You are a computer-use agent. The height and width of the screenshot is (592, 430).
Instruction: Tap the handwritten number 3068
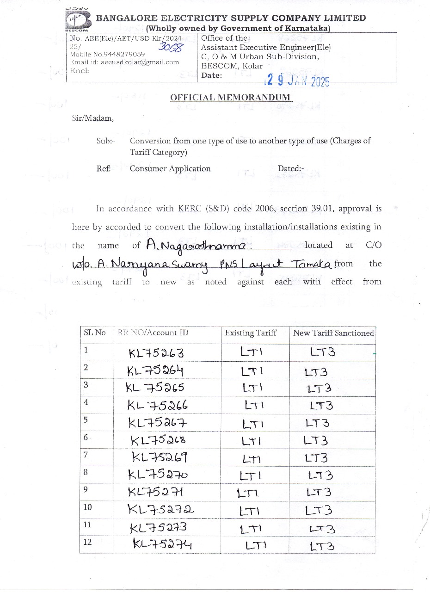pyautogui.click(x=171, y=47)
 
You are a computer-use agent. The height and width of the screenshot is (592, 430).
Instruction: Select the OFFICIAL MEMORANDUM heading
pyautogui.click(x=231, y=98)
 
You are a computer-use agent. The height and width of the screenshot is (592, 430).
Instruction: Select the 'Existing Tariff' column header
pyautogui.click(x=251, y=333)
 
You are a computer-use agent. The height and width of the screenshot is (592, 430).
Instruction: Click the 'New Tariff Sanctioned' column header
pyautogui.click(x=333, y=333)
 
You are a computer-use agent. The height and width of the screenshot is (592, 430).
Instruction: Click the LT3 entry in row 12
pyautogui.click(x=322, y=547)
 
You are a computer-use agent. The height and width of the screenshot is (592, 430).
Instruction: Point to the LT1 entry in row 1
pyautogui.click(x=252, y=353)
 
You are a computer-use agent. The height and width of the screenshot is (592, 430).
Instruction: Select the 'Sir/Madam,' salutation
pyautogui.click(x=92, y=118)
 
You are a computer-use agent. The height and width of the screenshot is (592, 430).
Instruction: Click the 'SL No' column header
pyautogui.click(x=94, y=333)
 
